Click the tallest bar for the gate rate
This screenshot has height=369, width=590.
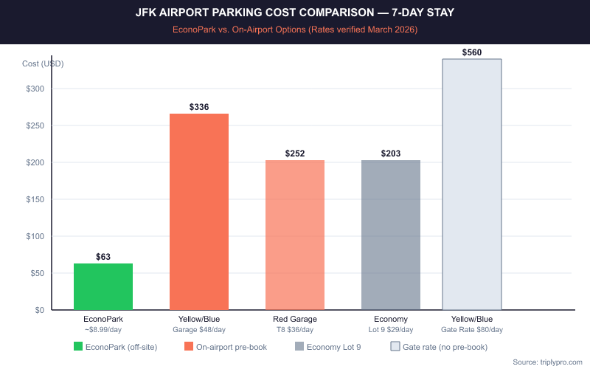pos(472,184)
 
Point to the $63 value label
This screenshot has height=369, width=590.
pos(103,257)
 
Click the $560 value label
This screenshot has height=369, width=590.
pos(472,52)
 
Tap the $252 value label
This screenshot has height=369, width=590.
pos(295,154)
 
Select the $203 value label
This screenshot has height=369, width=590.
pos(391,154)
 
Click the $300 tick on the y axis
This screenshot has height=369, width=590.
pos(35,89)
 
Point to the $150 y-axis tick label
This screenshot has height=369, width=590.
pos(35,199)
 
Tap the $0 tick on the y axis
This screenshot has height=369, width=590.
pos(38,310)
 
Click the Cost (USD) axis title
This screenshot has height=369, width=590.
pos(43,63)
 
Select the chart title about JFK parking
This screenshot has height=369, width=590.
pos(295,13)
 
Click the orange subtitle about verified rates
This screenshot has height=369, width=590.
pos(295,30)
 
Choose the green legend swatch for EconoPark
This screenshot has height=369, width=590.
pos(79,347)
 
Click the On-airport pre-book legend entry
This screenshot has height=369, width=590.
pos(226,347)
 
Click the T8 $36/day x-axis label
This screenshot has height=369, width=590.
pos(295,329)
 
